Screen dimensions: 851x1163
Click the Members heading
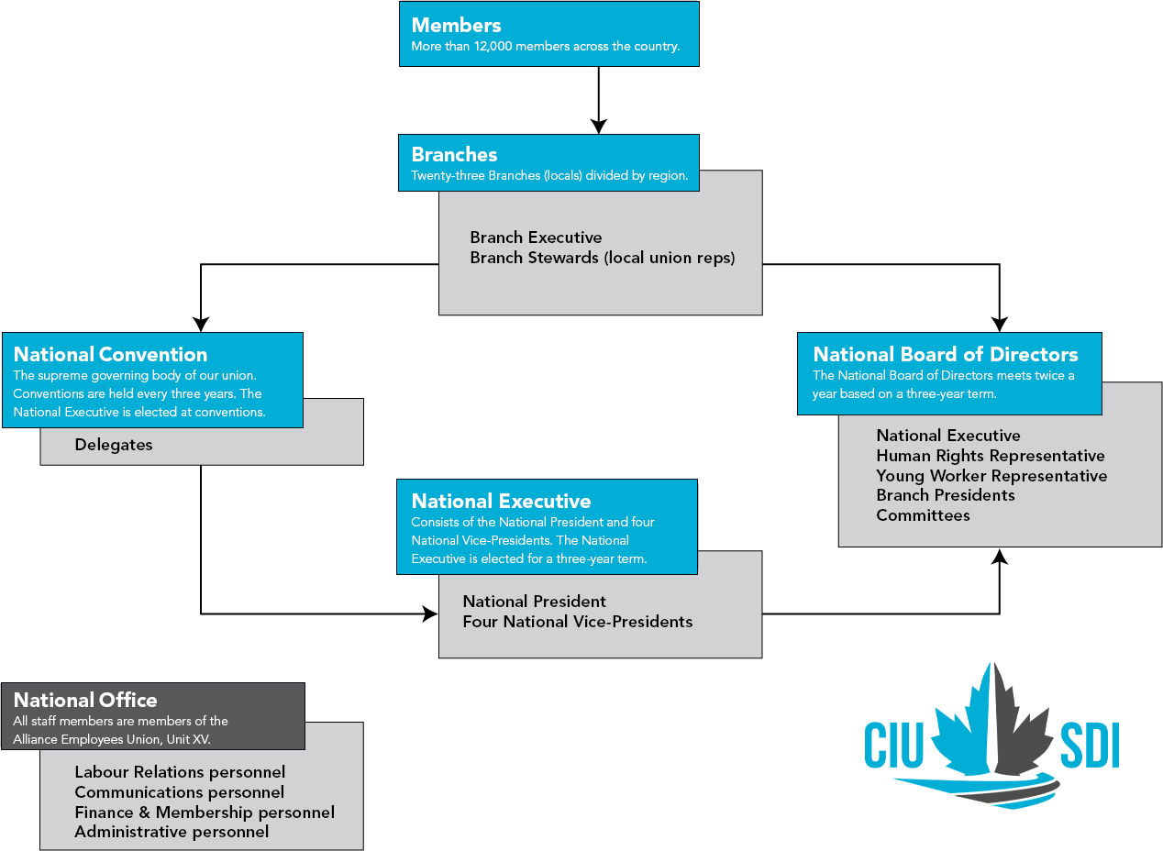pyautogui.click(x=457, y=25)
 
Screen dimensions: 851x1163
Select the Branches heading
pyautogui.click(x=454, y=155)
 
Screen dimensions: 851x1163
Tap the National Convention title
pyautogui.click(x=110, y=355)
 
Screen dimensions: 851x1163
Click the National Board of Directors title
pyautogui.click(x=945, y=355)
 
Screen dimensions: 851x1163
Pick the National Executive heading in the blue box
pyautogui.click(x=501, y=502)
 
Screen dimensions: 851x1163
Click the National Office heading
pyautogui.click(x=85, y=701)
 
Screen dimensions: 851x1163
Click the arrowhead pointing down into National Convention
pyautogui.click(x=201, y=324)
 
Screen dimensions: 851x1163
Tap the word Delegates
pyautogui.click(x=114, y=446)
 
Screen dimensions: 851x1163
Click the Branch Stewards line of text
pyautogui.click(x=602, y=259)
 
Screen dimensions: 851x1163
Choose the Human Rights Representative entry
pyautogui.click(x=990, y=456)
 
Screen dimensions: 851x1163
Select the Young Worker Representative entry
pyautogui.click(x=991, y=476)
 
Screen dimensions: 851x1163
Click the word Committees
pyautogui.click(x=922, y=515)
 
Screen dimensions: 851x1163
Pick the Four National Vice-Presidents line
pyautogui.click(x=577, y=622)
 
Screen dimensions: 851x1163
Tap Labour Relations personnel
pyautogui.click(x=180, y=773)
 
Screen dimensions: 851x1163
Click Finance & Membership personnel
pyautogui.click(x=204, y=812)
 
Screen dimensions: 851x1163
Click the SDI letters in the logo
pyautogui.click(x=1089, y=746)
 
